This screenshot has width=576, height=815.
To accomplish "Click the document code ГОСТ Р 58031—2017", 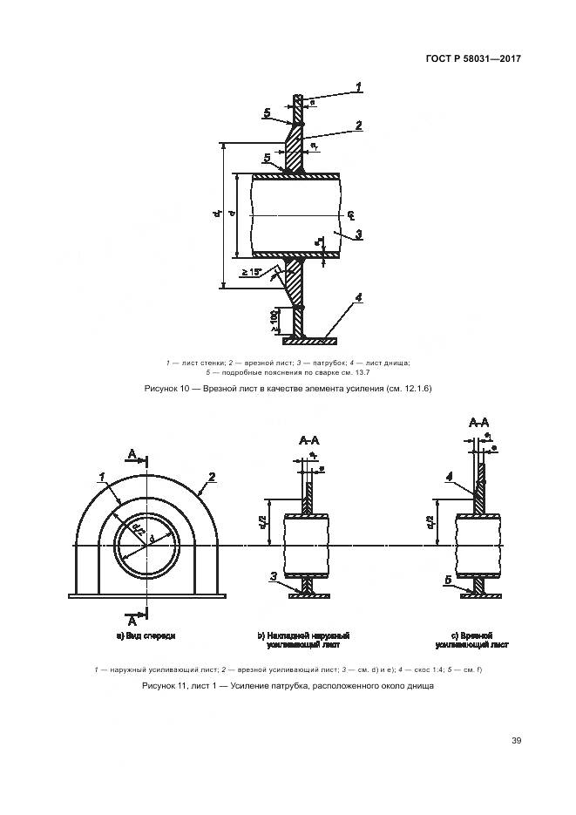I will click(x=479, y=59).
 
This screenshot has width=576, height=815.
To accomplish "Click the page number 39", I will click(x=516, y=741).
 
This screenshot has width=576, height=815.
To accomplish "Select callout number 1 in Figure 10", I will click(x=358, y=85).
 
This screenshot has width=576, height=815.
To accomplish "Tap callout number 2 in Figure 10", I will click(x=358, y=126).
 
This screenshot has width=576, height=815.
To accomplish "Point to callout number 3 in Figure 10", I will click(x=358, y=234).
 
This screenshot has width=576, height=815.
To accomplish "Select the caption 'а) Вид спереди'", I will click(x=146, y=636).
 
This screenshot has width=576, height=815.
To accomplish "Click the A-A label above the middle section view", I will click(x=308, y=440).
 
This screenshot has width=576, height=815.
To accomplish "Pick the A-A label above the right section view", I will click(x=479, y=423).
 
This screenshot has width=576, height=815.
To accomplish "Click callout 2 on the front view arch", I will click(x=211, y=476).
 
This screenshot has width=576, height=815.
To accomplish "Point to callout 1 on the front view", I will click(x=102, y=476).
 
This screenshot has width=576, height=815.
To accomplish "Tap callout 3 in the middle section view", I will click(x=273, y=576).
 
